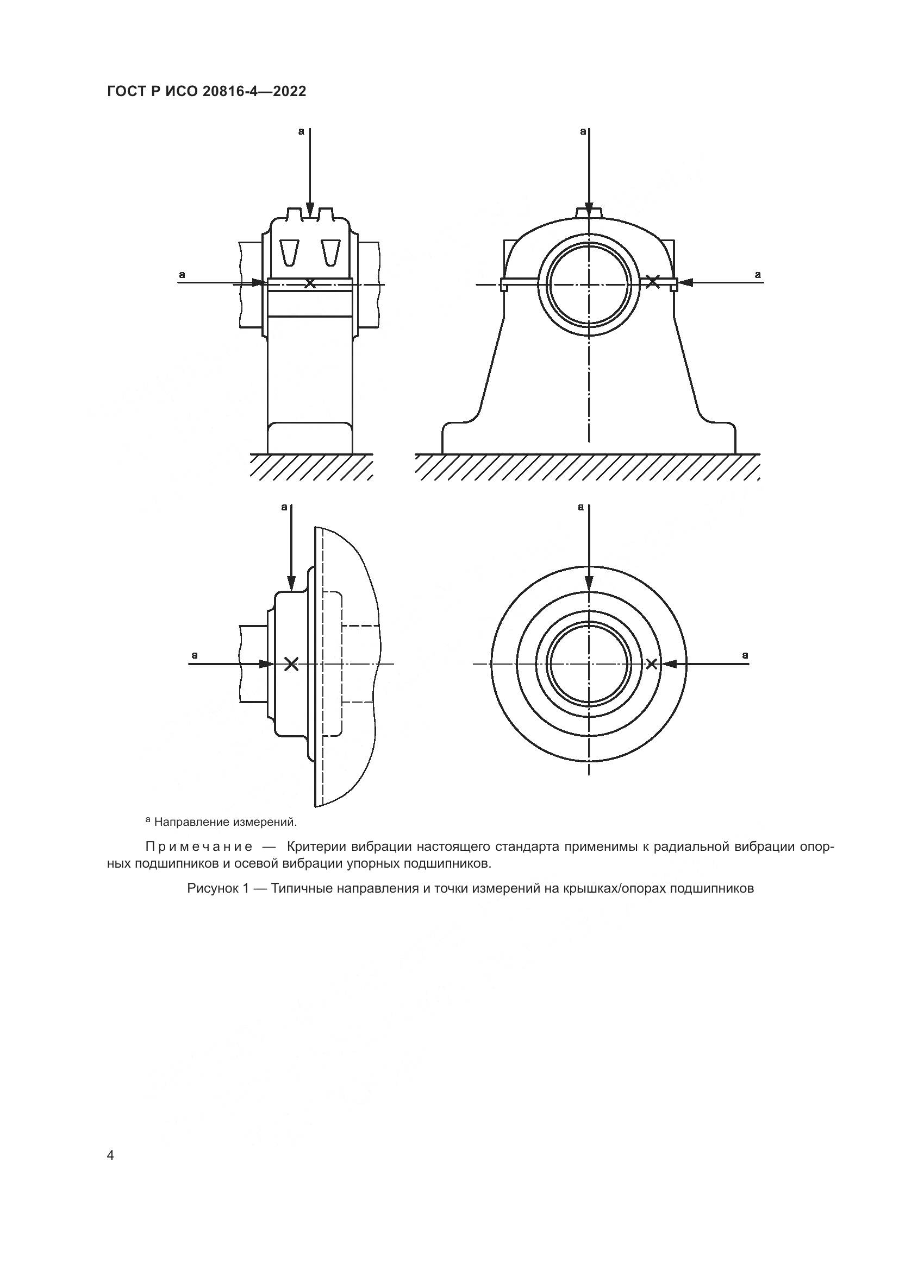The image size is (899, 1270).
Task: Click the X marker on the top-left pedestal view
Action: pyautogui.click(x=310, y=283)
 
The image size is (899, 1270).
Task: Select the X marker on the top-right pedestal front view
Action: pyautogui.click(x=653, y=282)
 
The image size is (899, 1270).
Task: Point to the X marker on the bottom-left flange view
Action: pyautogui.click(x=291, y=664)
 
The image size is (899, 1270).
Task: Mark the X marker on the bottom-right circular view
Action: pyautogui.click(x=652, y=664)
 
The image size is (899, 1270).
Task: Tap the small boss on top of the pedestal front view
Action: pyautogui.click(x=589, y=212)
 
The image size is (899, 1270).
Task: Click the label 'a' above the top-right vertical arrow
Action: pyautogui.click(x=582, y=131)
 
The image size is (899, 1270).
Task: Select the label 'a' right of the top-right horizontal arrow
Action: pyautogui.click(x=758, y=274)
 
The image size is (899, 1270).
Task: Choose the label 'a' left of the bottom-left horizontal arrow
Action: pyautogui.click(x=194, y=655)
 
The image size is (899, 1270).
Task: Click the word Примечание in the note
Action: pyautogui.click(x=199, y=847)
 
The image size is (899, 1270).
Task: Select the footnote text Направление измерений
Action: pyautogui.click(x=226, y=822)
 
